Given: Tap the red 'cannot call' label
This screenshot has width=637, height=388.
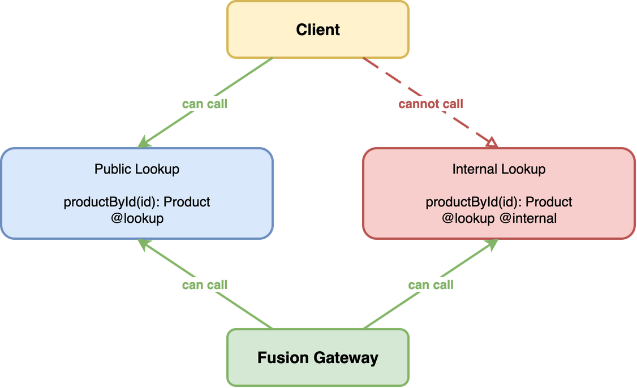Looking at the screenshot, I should (x=431, y=104).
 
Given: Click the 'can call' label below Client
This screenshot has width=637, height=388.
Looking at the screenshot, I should (x=205, y=104).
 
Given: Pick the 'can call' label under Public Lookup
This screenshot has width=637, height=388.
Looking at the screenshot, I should (x=205, y=284).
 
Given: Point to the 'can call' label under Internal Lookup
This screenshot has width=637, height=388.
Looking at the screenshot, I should (x=431, y=284).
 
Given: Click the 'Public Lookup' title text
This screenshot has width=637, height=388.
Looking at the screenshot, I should (x=137, y=169).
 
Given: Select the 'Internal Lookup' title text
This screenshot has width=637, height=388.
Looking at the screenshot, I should (x=498, y=169).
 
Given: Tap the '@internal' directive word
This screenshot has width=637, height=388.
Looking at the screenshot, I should (x=528, y=218).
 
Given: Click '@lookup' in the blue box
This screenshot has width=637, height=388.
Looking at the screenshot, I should (x=137, y=218).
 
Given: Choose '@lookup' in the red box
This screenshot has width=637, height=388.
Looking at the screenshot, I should (x=467, y=218).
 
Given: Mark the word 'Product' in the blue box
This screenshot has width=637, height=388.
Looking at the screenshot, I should (x=187, y=202).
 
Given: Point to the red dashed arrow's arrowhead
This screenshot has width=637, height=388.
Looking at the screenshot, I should (x=491, y=143).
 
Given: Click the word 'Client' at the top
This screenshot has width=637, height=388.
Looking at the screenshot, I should (x=318, y=29).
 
